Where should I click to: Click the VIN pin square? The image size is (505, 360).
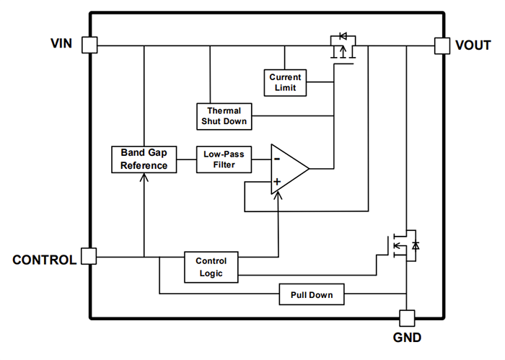click(x=89, y=45)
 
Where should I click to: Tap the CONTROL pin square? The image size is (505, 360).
click(x=89, y=256)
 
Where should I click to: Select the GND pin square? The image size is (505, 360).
click(x=406, y=317)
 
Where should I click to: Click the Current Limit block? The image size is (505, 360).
click(x=285, y=82)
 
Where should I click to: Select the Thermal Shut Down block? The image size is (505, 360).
click(x=224, y=116)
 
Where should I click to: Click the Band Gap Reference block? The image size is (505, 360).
click(x=144, y=159)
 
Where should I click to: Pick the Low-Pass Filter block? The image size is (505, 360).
click(x=224, y=159)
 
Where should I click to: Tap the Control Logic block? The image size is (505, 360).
click(x=211, y=267)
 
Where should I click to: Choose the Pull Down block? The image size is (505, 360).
click(x=311, y=295)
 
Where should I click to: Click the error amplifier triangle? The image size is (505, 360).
click(x=288, y=168)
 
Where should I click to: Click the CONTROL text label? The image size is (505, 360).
click(x=44, y=260)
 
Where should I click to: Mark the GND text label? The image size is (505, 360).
click(x=406, y=338)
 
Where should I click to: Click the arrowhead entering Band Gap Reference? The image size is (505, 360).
click(x=144, y=177)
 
